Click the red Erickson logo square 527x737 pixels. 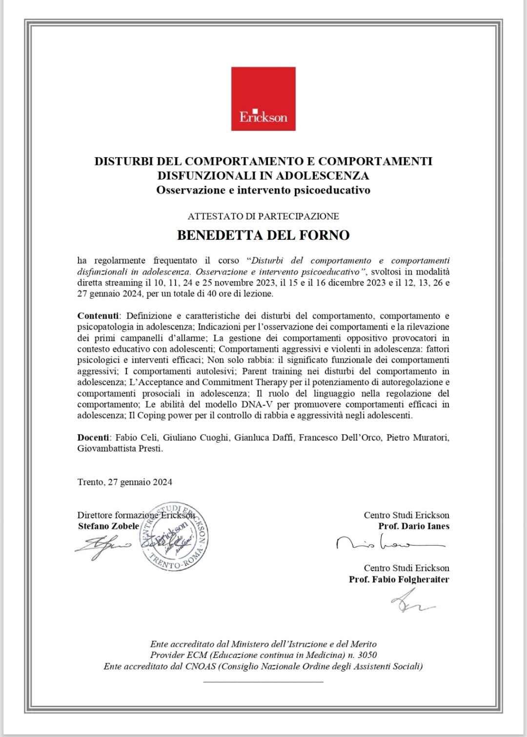(x=263, y=99)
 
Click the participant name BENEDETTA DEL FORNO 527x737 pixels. (x=263, y=235)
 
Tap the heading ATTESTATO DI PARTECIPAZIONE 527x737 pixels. (x=263, y=216)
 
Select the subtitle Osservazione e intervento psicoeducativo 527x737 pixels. (x=263, y=190)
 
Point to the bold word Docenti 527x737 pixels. (x=94, y=438)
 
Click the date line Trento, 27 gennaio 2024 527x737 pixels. (x=124, y=482)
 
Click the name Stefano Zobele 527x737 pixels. (x=108, y=526)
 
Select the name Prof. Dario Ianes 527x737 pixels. (x=413, y=526)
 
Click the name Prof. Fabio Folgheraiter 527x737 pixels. (x=399, y=580)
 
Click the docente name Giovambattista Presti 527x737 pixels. (x=120, y=449)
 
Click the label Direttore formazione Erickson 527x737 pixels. (x=136, y=515)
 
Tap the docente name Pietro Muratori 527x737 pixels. (x=418, y=438)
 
